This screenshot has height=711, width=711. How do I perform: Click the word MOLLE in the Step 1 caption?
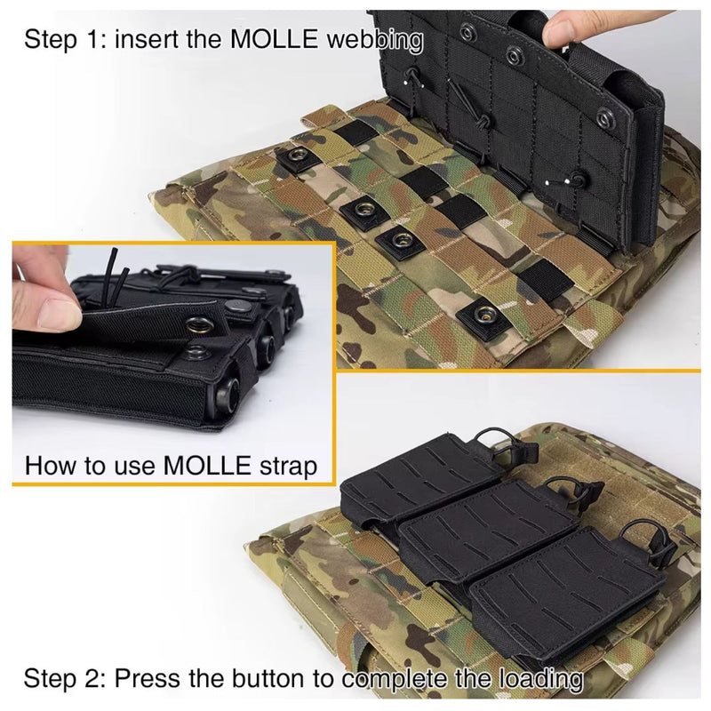[x=275, y=38]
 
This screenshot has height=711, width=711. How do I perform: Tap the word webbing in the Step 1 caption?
[x=375, y=40]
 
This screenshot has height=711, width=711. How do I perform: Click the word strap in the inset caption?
[x=289, y=467]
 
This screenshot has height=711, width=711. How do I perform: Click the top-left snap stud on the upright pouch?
[x=467, y=33]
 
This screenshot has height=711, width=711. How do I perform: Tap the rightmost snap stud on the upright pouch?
[x=604, y=119]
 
